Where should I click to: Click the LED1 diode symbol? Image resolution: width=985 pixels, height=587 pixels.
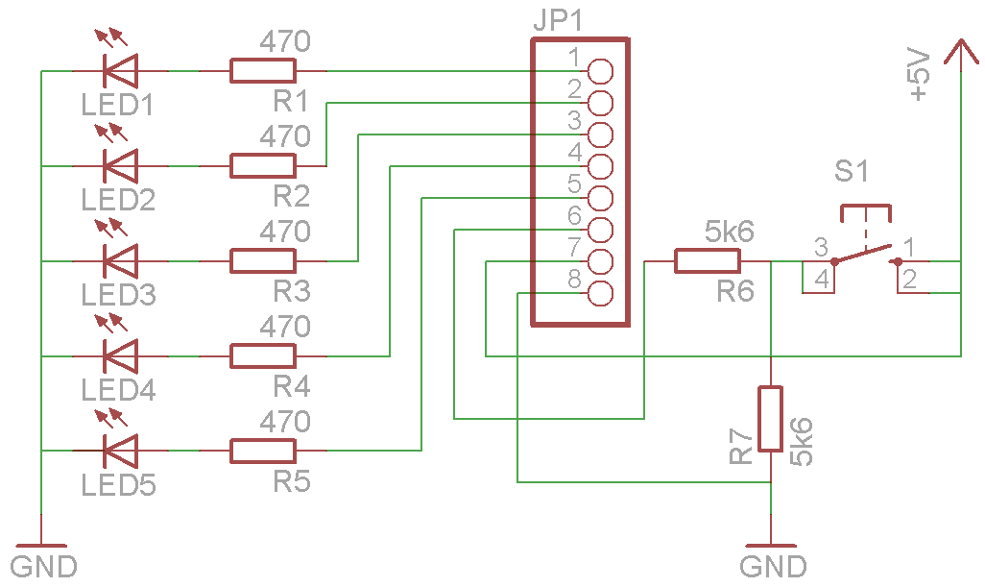120,70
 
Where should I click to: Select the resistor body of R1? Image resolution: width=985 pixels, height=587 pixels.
262,70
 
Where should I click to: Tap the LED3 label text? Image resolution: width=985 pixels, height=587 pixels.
118,294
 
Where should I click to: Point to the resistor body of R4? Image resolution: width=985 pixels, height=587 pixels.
262,355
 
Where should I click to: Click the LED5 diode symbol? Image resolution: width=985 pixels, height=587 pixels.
120,450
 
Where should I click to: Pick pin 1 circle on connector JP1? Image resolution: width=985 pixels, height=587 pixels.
600,70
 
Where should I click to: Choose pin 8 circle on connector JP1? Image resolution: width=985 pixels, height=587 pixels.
600,293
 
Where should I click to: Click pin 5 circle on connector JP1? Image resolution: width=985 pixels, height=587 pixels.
600,197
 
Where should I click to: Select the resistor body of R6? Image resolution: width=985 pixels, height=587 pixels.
708,260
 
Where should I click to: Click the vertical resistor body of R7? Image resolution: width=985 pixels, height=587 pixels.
771,419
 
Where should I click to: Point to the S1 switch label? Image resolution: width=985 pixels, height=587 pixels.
852,173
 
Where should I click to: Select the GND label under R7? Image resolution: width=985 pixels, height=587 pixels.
773,566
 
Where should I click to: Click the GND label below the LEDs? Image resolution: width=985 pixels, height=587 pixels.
43,566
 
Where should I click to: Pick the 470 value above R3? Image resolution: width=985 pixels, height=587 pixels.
285,232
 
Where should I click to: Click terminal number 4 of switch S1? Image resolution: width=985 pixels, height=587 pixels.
820,280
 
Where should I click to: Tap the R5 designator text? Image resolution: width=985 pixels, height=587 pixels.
292,481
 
